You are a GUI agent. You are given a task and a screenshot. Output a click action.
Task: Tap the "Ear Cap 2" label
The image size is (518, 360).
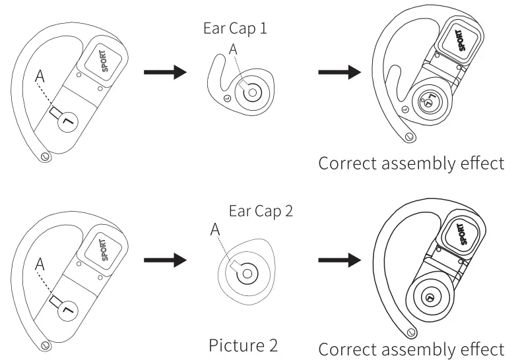pyautogui.click(x=260, y=212)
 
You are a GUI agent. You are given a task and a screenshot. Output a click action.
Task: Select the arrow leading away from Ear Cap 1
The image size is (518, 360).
pyautogui.click(x=340, y=72)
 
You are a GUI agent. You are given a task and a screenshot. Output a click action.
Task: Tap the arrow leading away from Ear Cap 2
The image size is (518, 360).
pyautogui.click(x=340, y=258)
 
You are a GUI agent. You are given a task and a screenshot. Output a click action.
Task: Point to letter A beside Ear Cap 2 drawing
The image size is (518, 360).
pyautogui.click(x=214, y=230)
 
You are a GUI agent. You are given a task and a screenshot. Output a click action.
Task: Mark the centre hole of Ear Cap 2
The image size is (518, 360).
pyautogui.click(x=246, y=272)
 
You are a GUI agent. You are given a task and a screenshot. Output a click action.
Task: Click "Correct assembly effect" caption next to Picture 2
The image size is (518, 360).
pyautogui.click(x=411, y=348)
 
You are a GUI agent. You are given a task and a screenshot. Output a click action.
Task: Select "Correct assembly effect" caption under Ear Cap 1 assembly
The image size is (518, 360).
pyautogui.click(x=411, y=162)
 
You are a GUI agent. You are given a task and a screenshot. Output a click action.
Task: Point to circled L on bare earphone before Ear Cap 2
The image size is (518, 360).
pyautogui.click(x=66, y=309)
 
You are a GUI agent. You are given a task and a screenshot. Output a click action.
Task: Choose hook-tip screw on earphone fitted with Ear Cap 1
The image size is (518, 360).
pyautogui.click(x=408, y=136)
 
